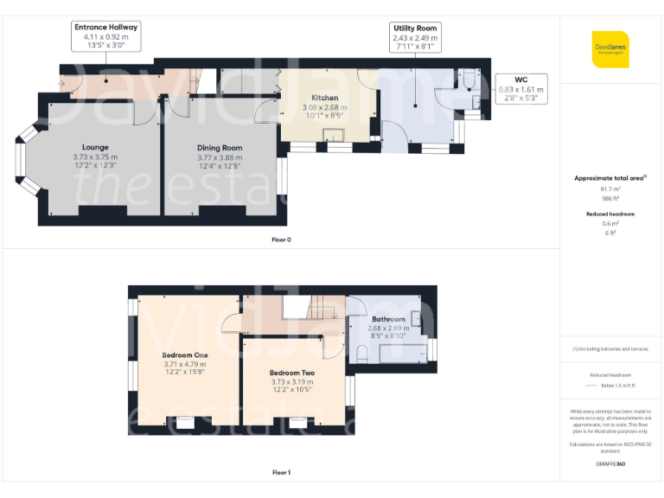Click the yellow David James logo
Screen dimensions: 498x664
pos(610,49)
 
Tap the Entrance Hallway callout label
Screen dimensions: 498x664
pos(106,38)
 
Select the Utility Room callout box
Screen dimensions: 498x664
pos(415,39)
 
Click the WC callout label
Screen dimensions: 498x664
pos(521,89)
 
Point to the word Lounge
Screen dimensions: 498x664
pos(95,147)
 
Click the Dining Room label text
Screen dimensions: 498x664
pos(220,148)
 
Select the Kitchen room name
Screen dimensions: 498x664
pos(324,98)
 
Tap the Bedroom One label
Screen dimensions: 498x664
pos(185,354)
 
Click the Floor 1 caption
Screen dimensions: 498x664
pos(281,473)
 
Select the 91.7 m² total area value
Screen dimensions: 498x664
pos(610,188)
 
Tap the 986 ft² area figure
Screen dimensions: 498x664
pos(610,198)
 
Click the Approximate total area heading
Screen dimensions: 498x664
pos(610,177)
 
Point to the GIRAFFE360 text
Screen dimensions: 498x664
pos(610,464)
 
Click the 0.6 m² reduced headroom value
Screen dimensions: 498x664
pos(610,223)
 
